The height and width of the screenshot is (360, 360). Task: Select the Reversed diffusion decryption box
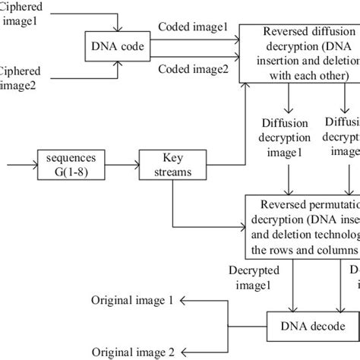coord(299,52)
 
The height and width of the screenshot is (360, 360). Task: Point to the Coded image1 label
coord(192,27)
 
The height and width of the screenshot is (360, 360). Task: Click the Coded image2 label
coord(192,70)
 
